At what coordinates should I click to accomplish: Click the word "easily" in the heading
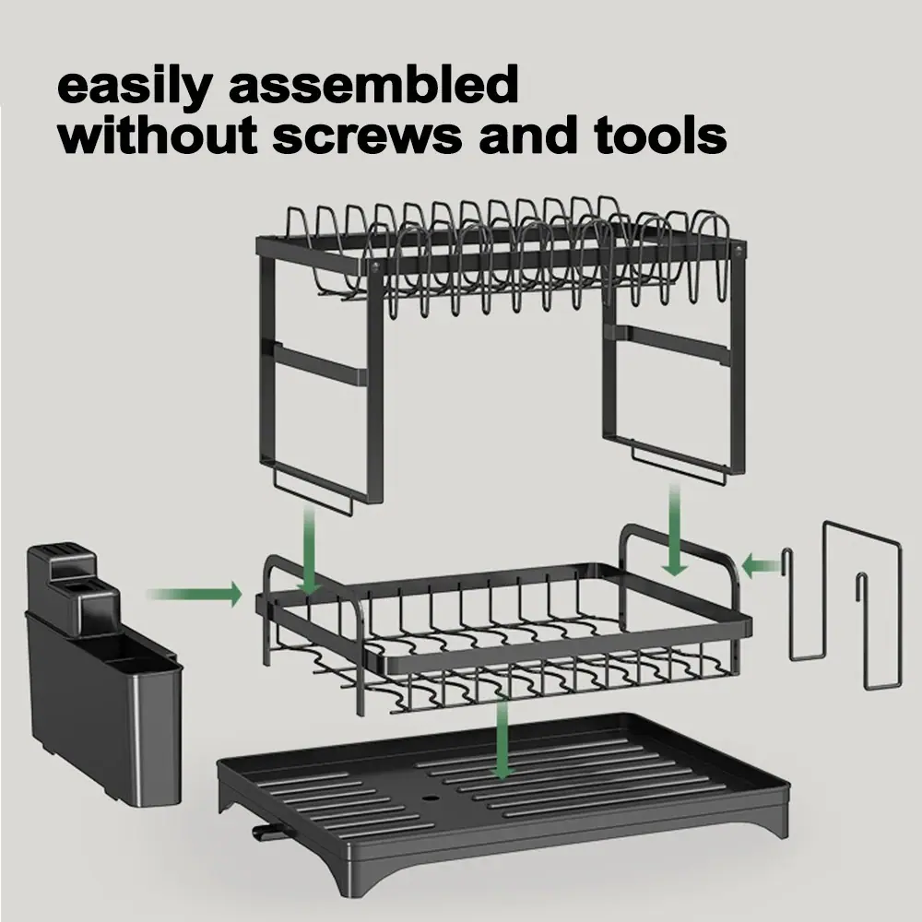pyautogui.click(x=134, y=85)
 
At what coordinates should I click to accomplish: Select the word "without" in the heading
pyautogui.click(x=159, y=135)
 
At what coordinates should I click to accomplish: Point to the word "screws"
pyautogui.click(x=369, y=138)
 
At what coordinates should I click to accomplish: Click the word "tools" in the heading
pyautogui.click(x=660, y=135)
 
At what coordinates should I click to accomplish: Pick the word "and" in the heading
pyautogui.click(x=528, y=135)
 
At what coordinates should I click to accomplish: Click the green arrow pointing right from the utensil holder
pyautogui.click(x=195, y=594)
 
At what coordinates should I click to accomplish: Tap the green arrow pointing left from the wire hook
pyautogui.click(x=761, y=567)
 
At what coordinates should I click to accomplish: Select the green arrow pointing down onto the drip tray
pyautogui.click(x=502, y=739)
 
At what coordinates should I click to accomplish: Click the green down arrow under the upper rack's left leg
pyautogui.click(x=309, y=550)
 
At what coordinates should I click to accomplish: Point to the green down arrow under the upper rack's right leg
pyautogui.click(x=675, y=530)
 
